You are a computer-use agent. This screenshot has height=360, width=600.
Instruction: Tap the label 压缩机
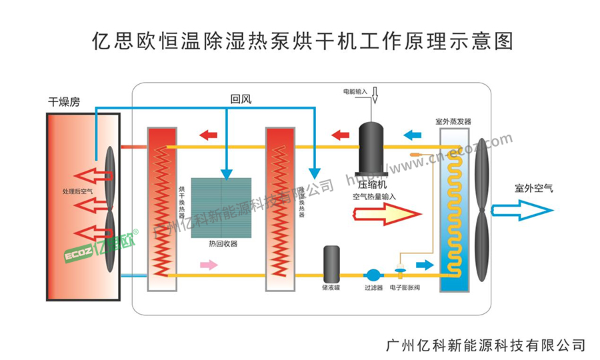tap(372, 184)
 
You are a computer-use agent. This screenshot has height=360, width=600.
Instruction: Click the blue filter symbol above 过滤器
tap(373, 274)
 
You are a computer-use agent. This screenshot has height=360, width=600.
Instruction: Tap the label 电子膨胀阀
tap(405, 288)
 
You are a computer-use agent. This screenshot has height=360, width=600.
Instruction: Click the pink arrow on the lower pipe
tap(209, 265)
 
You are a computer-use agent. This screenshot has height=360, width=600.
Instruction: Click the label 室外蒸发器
tap(453, 122)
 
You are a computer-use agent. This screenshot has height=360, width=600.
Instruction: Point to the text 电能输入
tap(355, 91)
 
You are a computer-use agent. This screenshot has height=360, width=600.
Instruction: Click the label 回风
tap(241, 99)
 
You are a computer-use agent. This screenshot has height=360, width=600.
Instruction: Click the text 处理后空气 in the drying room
tap(78, 191)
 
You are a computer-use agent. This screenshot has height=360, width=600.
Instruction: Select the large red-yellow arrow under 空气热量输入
tap(387, 214)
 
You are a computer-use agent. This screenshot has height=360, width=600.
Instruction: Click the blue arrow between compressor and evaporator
tap(413, 135)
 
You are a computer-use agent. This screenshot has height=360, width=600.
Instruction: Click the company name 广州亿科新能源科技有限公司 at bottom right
tap(485, 345)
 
